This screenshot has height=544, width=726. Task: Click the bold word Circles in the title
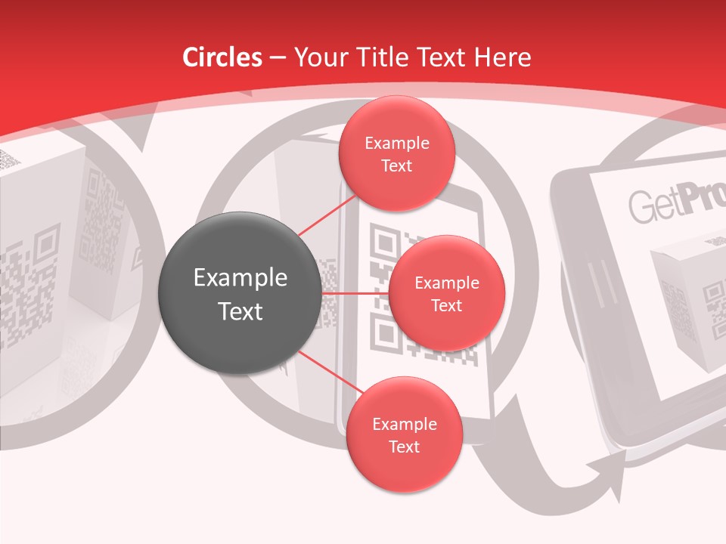(222, 57)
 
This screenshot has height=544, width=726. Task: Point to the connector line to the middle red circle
(355, 293)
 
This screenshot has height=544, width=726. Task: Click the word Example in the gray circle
(240, 278)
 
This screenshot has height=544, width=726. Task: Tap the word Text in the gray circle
(240, 311)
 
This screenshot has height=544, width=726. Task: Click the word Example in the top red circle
(396, 144)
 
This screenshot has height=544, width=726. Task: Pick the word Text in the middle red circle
(446, 305)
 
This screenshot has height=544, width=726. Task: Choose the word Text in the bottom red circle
(404, 447)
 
